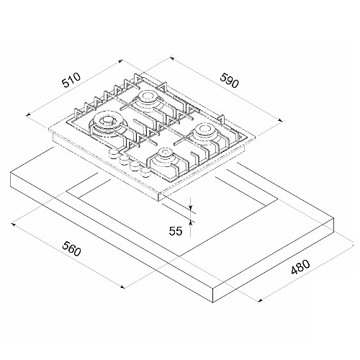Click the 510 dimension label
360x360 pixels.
(71, 80)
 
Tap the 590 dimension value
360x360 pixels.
(230, 81)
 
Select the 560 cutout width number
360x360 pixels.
(71, 248)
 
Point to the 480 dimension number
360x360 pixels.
(300, 266)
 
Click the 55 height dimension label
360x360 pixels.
(176, 231)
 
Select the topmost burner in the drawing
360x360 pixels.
(146, 100)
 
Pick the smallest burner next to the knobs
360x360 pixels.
(164, 156)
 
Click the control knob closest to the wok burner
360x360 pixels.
(113, 153)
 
